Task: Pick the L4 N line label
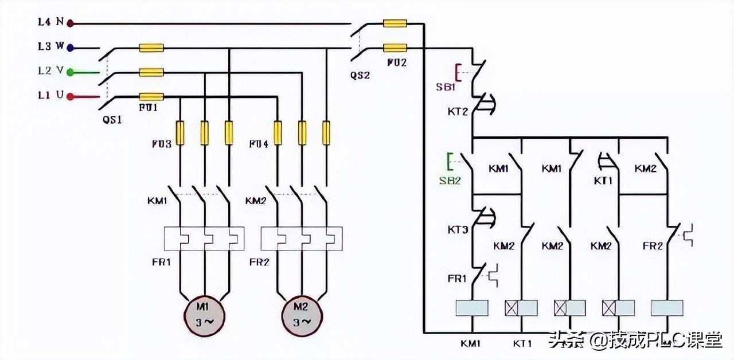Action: tap(51, 22)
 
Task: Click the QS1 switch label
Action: tap(112, 120)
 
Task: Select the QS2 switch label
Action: tap(360, 75)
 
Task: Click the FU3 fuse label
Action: tap(161, 144)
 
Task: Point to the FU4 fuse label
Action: tap(259, 144)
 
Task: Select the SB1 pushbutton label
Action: tap(445, 87)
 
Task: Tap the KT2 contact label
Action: tap(458, 111)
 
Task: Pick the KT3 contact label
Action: tap(458, 229)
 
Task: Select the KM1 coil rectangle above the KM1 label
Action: tap(471, 308)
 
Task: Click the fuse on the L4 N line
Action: tap(395, 24)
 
